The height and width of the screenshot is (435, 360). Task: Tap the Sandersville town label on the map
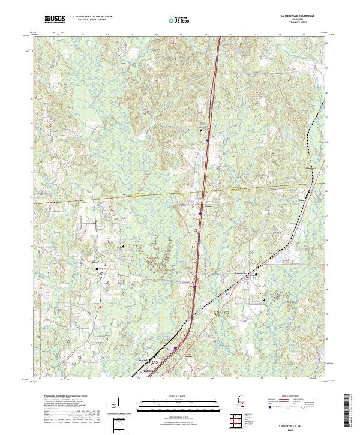point(240,273)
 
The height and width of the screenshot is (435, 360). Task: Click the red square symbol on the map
point(101,307)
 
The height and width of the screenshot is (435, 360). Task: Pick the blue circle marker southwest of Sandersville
point(226,294)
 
